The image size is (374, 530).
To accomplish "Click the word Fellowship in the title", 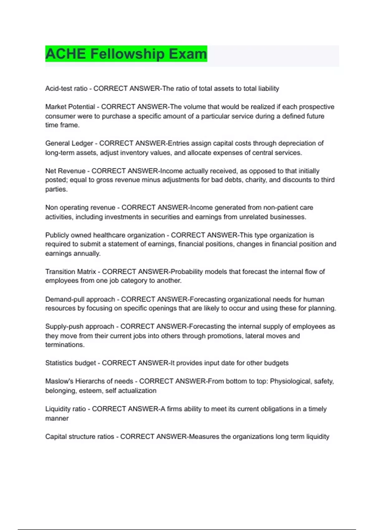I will [x=127, y=54].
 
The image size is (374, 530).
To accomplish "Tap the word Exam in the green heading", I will [x=188, y=54].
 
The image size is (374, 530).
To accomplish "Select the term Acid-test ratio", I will [x=66, y=89].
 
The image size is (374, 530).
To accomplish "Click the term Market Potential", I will [x=70, y=107].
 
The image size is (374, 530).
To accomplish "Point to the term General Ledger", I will [x=69, y=143].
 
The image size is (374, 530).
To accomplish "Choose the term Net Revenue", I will [x=65, y=171].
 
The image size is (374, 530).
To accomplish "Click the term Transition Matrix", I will [x=70, y=272].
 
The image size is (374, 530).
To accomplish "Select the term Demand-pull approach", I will [x=80, y=299].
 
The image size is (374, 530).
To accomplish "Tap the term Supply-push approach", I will [x=80, y=326].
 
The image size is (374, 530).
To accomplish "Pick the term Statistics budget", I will [x=70, y=363].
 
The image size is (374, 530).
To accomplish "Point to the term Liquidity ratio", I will [x=65, y=409].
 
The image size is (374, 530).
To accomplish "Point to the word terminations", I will [x=65, y=345].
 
